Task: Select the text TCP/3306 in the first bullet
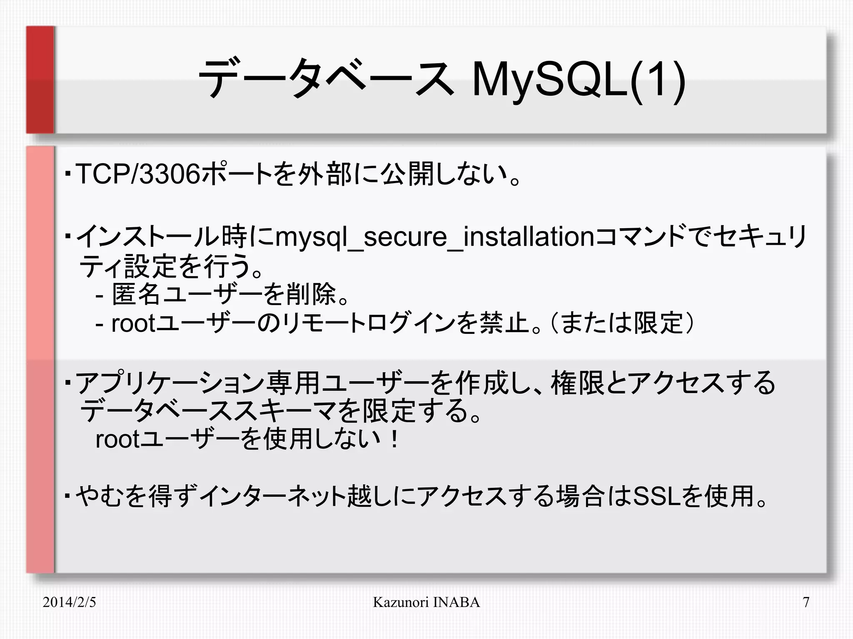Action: click(x=138, y=174)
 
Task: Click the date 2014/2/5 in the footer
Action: click(x=69, y=602)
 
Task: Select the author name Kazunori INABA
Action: click(x=426, y=602)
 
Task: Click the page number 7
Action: click(x=806, y=602)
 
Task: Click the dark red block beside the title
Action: click(x=40, y=80)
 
